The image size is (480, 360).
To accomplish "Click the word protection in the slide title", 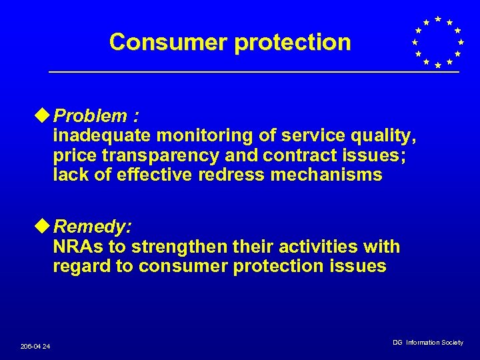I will [292, 42].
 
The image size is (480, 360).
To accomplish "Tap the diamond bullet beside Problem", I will [45, 116].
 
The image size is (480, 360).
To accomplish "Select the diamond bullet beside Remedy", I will [45, 227].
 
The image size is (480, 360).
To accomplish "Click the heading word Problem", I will [91, 117].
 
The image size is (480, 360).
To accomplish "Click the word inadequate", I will [103, 136].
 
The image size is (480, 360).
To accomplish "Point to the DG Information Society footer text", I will [427, 343].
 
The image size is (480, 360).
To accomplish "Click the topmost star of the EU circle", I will [437, 19].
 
